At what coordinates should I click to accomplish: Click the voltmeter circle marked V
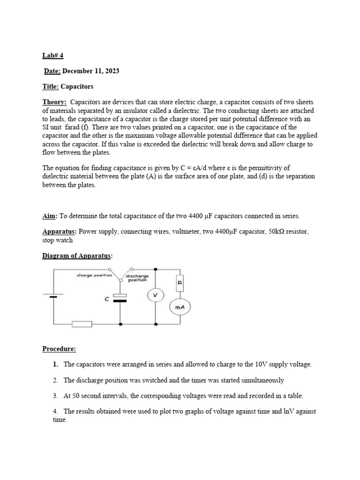pos(155,295)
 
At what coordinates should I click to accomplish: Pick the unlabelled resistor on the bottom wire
pos(81,324)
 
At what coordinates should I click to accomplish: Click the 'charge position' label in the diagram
pos(94,275)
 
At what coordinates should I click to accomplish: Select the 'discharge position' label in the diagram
pos(137,278)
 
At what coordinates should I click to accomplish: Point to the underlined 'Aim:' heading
pos(50,216)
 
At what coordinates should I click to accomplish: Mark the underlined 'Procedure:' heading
pos(59,348)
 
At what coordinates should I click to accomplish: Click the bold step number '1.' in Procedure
pos(56,364)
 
